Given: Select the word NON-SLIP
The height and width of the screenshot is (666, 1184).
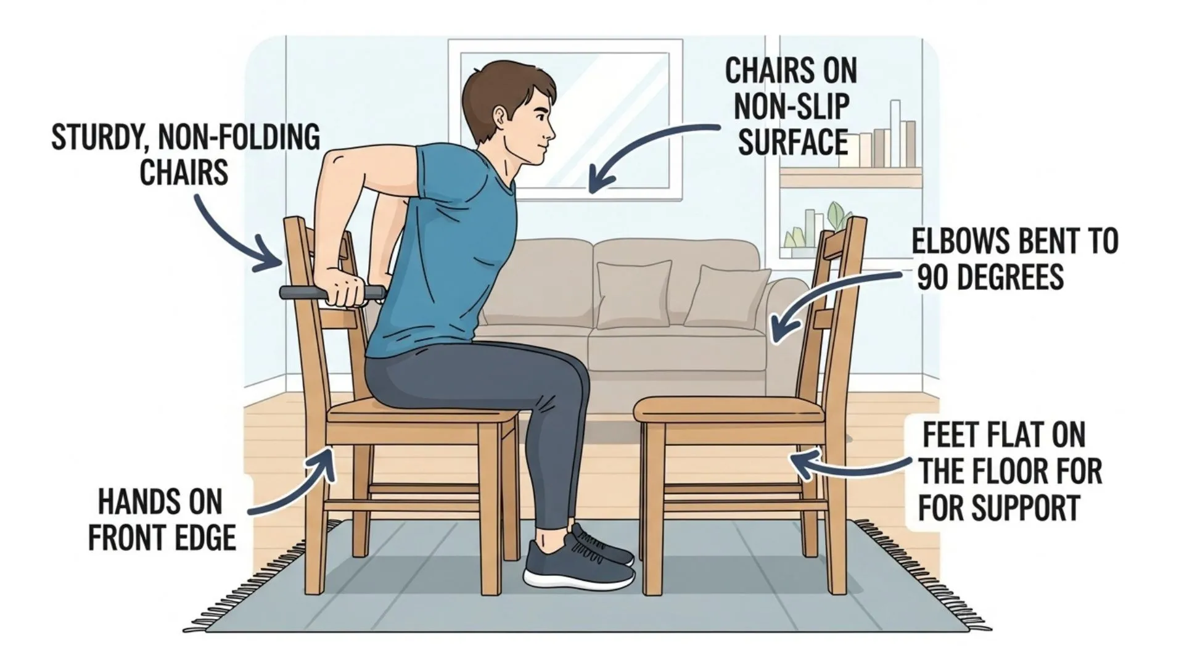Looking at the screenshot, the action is coord(792,107).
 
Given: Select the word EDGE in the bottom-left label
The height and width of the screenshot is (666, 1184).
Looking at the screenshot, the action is coord(206,537).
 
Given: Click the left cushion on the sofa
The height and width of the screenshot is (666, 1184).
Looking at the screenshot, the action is coord(633,294).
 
